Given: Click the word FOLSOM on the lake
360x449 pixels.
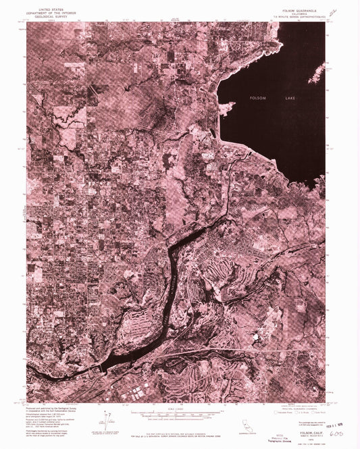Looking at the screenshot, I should [x=259, y=99].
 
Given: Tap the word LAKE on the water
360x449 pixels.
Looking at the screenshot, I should [x=290, y=99].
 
